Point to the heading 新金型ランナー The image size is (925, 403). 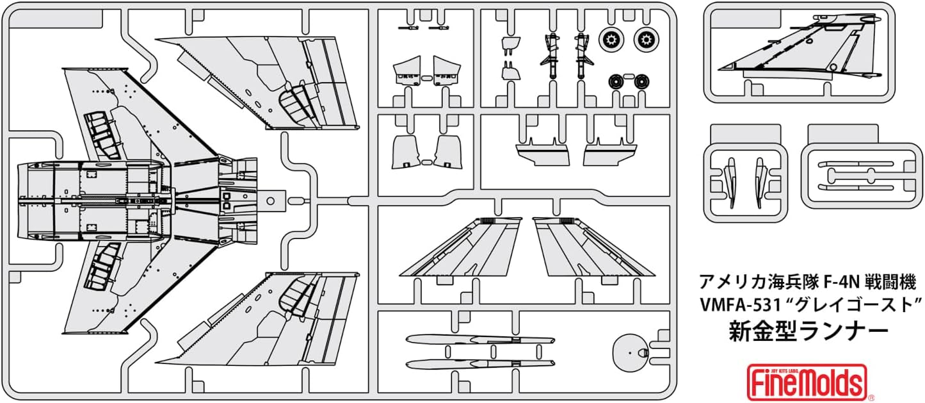click(809, 331)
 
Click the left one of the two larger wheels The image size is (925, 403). click(611, 40)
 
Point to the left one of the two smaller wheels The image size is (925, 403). click(617, 81)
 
